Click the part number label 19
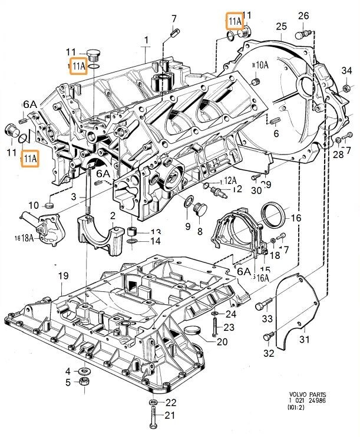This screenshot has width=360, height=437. pos(63,275)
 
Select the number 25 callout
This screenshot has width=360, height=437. pos(280,26)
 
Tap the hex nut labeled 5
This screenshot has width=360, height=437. pos(84,383)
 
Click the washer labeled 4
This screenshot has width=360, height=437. pos(84,371)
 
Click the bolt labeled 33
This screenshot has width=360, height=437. pos(263,305)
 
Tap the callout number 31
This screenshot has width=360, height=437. pos(304,339)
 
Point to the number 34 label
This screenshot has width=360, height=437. pos(348,71)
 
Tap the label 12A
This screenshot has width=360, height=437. pos(229,180)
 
